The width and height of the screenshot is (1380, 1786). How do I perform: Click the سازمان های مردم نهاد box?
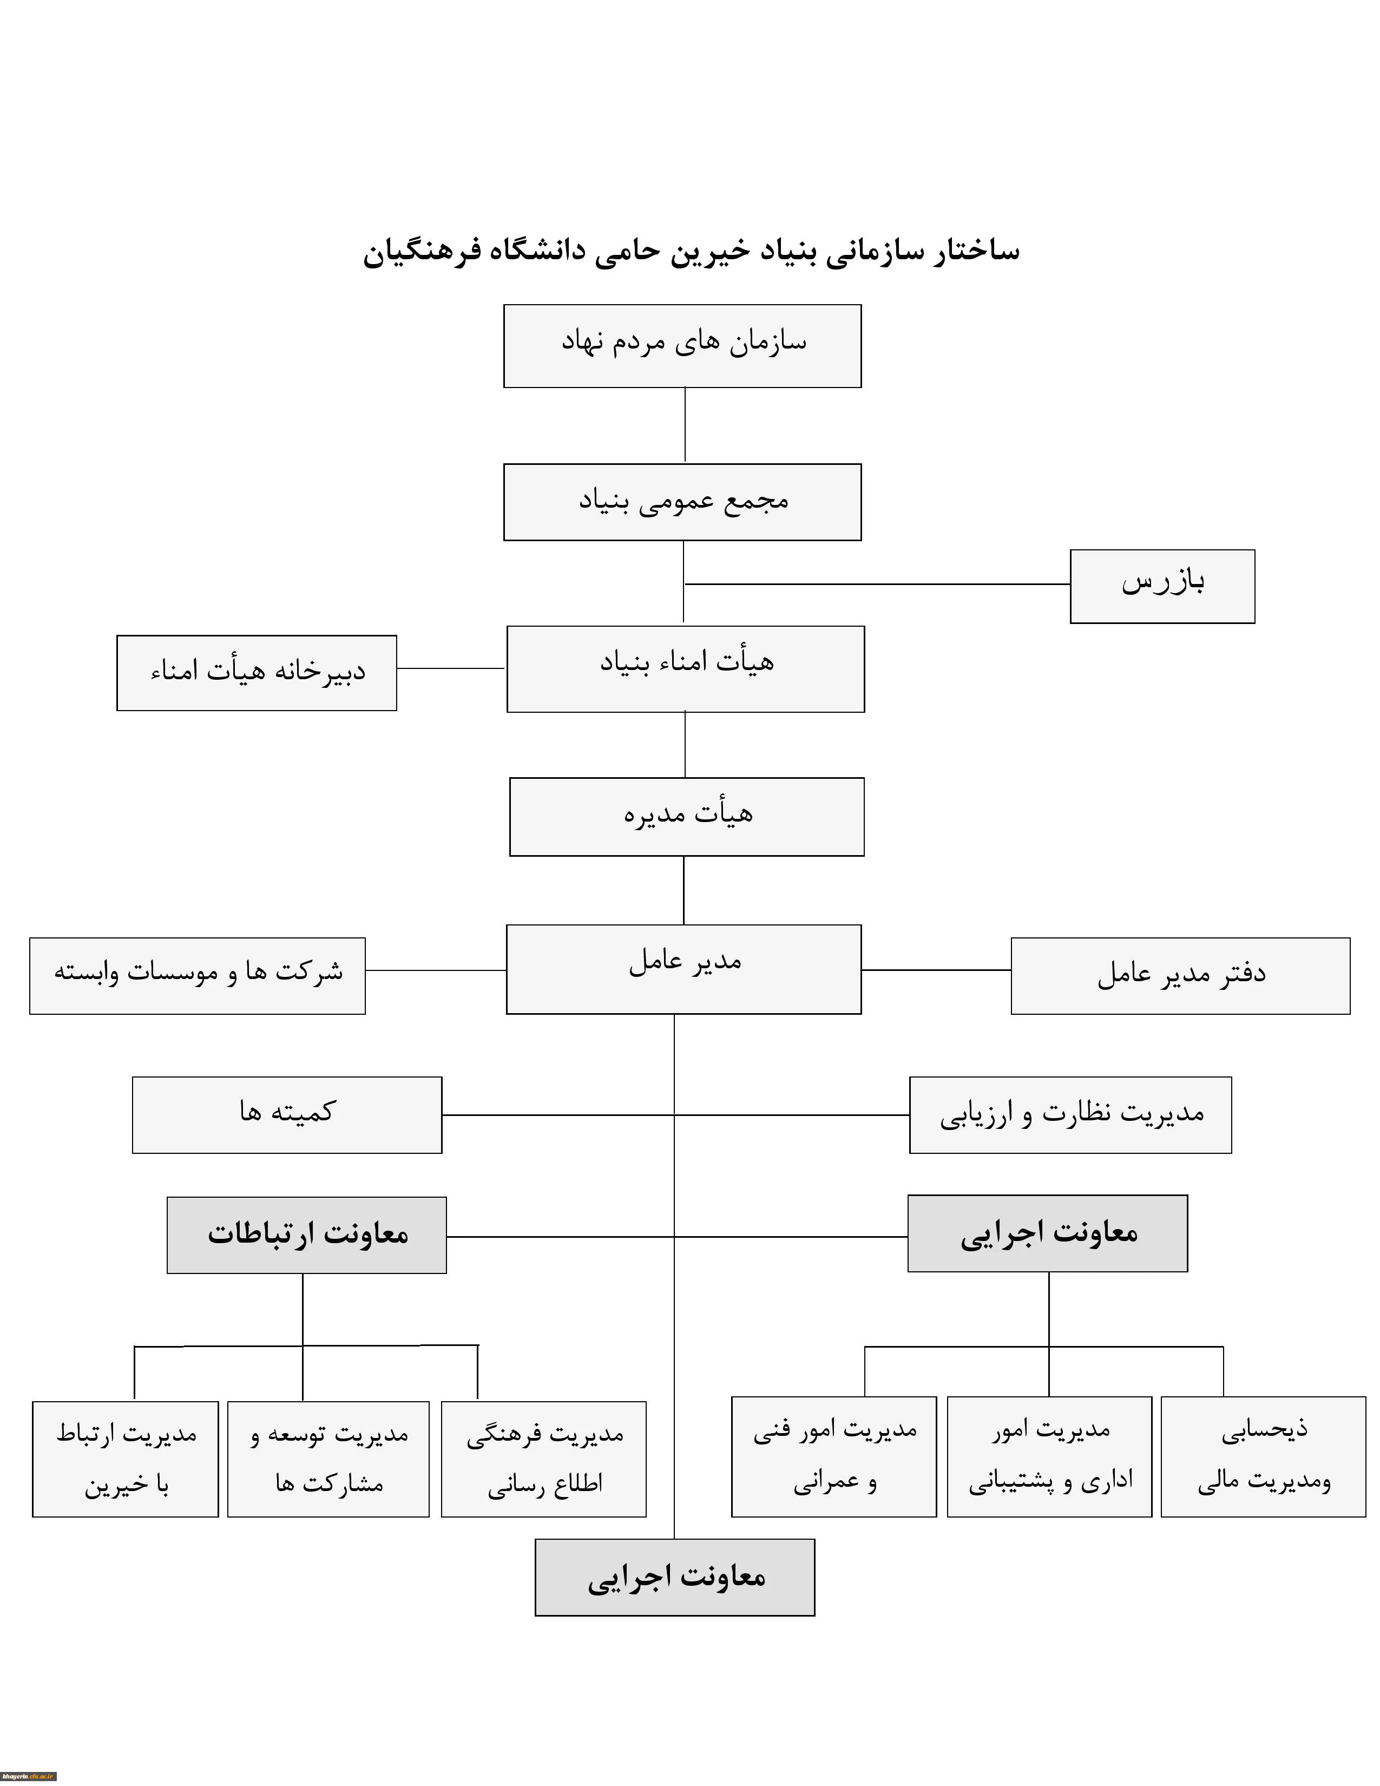click(x=682, y=346)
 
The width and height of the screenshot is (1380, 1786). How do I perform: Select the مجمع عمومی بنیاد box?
click(x=682, y=502)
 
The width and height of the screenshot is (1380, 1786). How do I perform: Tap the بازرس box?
click(x=1162, y=586)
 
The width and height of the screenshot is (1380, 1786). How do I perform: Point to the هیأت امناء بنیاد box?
click(x=685, y=669)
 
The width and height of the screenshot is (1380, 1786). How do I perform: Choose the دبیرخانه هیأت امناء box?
click(x=257, y=672)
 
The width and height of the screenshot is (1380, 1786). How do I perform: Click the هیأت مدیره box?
click(x=687, y=816)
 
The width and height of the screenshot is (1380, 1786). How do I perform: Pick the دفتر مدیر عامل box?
click(x=1180, y=976)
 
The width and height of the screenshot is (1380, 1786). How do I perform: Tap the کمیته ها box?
click(x=287, y=1114)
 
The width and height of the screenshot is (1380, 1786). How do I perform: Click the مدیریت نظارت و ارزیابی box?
click(x=1070, y=1114)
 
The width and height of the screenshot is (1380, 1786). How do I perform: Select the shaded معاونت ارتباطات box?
click(x=306, y=1235)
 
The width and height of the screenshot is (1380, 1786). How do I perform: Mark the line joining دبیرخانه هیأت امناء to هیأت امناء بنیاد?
click(x=450, y=668)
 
